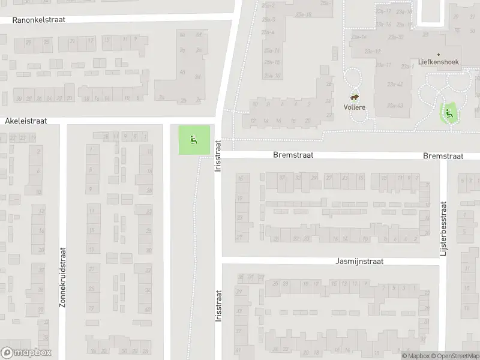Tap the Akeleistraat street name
click(26, 121)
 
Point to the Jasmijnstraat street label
click(359, 262)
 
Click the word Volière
click(355, 107)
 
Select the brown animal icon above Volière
click(355, 97)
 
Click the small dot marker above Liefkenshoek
click(438, 54)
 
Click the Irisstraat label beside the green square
click(218, 154)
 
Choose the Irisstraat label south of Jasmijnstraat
click(218, 307)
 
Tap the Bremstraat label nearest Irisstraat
click(293, 155)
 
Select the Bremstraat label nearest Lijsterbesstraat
click(443, 156)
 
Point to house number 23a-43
click(395, 106)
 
